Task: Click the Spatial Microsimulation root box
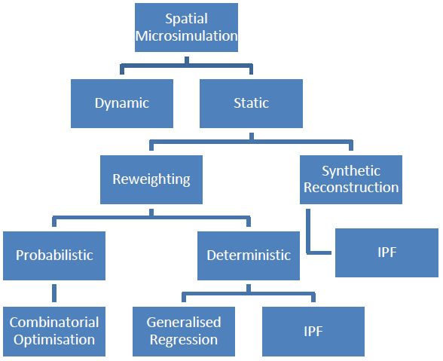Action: pos(186,28)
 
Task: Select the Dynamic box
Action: pos(122,102)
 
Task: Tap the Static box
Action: pos(251,102)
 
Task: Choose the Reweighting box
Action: pos(151,179)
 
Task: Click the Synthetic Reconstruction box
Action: pos(350,179)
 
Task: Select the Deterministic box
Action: pos(249,255)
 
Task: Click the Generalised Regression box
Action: pos(185,331)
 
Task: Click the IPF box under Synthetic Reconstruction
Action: pos(386,252)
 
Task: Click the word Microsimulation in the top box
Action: pos(186,36)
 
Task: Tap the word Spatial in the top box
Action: pos(186,19)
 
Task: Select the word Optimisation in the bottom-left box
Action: pos(54,340)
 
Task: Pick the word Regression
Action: pos(184,340)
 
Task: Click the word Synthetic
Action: pos(351,170)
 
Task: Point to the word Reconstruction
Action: pos(351,188)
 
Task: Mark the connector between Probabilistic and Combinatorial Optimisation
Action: pos(53,292)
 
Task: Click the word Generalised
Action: pos(185,323)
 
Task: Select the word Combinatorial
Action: pos(54,323)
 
